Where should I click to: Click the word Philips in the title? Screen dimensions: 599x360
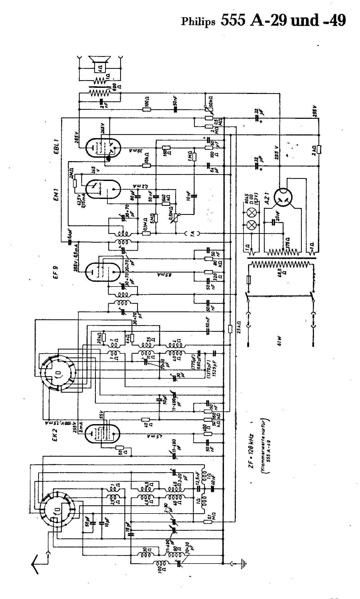tap(198, 22)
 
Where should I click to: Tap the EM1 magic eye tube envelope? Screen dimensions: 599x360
tap(103, 189)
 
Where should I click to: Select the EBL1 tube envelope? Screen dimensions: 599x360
tap(103, 148)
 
